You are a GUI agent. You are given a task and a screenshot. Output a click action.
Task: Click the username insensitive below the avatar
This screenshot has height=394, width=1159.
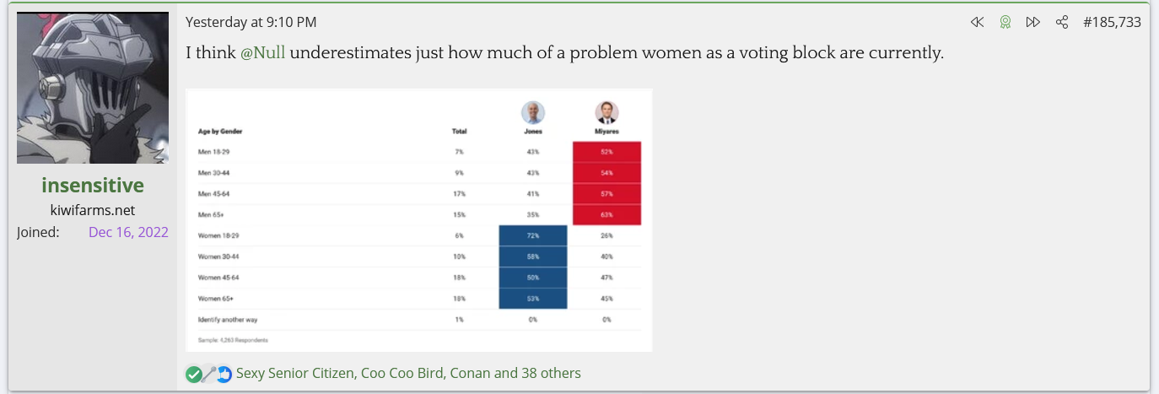point(93,186)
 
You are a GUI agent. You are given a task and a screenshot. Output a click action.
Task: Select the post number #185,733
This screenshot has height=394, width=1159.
point(1112,22)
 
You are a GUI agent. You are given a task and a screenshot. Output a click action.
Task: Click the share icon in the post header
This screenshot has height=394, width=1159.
point(1062,22)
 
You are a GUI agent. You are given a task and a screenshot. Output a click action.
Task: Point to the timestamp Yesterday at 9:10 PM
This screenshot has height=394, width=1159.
point(251,22)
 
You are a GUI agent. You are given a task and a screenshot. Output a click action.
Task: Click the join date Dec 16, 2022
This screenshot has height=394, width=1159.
point(128,232)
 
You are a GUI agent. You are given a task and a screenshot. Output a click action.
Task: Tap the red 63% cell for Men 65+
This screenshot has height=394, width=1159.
point(606,215)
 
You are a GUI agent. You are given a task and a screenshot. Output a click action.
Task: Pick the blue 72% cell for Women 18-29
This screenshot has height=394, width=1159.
point(533,236)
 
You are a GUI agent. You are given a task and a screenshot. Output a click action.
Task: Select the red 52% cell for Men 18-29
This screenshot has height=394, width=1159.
point(606,152)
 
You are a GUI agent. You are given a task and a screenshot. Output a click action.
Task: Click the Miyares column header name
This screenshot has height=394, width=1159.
point(606,132)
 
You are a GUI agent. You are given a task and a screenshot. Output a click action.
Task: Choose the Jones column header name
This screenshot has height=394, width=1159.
point(533,132)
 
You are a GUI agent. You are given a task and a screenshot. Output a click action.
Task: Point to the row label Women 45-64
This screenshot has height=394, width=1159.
point(218,278)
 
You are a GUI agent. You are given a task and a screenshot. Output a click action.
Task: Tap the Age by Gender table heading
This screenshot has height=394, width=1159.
point(220,132)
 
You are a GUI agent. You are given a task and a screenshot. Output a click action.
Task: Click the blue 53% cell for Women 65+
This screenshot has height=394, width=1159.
point(533,299)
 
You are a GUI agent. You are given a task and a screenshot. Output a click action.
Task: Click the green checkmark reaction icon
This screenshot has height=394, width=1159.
point(194,374)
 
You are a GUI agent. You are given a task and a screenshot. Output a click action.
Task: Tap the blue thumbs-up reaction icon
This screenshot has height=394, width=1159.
point(224,374)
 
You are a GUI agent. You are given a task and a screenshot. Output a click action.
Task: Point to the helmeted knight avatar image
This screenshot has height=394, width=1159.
point(93,88)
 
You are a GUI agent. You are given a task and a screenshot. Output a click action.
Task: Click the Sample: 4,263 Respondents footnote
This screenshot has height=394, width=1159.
point(233,339)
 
